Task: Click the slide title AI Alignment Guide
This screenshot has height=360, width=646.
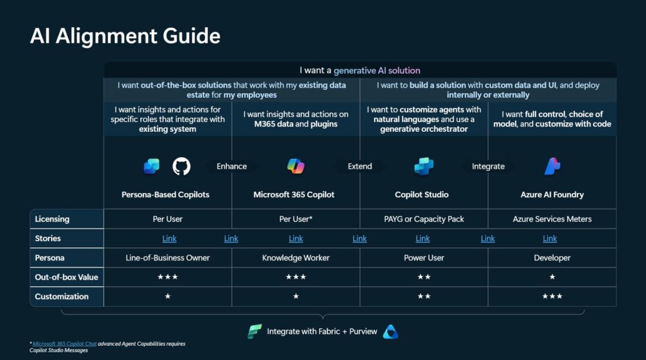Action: tap(125, 36)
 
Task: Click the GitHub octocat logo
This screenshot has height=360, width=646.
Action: tap(182, 166)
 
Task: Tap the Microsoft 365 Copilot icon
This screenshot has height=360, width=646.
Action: tap(296, 166)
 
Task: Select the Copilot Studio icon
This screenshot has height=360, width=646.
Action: tap(424, 166)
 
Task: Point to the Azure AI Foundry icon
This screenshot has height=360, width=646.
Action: tap(552, 166)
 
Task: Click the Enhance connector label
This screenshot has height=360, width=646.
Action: tap(231, 166)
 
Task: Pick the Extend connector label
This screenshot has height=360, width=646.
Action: tap(360, 166)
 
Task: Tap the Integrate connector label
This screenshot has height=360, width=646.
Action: tap(488, 166)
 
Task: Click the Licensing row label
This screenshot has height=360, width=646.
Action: tap(52, 219)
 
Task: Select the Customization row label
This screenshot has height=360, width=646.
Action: tap(61, 297)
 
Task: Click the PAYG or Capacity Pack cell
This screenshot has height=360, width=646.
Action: tap(424, 219)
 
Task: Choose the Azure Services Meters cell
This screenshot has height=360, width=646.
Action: tap(552, 219)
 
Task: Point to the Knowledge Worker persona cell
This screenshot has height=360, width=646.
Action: tap(296, 258)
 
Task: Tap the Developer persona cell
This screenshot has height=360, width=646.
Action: tap(552, 258)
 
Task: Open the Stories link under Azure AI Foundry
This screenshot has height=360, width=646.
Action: tap(550, 238)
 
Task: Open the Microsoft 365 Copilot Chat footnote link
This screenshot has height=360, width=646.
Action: tap(64, 343)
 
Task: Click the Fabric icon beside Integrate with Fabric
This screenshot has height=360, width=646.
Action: tap(255, 331)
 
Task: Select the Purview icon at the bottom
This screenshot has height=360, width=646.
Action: tap(391, 332)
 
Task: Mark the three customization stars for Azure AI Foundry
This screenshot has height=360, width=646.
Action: tap(552, 296)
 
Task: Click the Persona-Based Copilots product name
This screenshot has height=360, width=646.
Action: tap(165, 195)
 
